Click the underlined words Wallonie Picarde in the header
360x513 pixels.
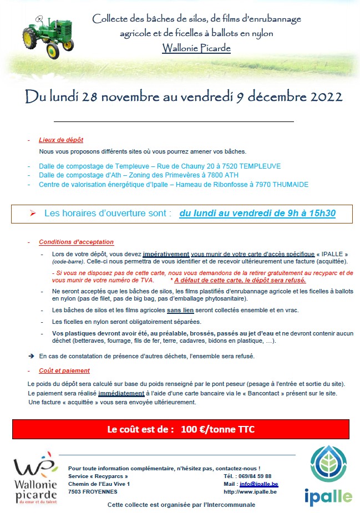196,48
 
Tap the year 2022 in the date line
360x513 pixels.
323,96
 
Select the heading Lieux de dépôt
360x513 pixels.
61,140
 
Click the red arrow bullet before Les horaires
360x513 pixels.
33,213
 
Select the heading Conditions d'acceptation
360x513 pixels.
76,242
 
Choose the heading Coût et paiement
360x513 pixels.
64,370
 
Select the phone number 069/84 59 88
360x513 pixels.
256,476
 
